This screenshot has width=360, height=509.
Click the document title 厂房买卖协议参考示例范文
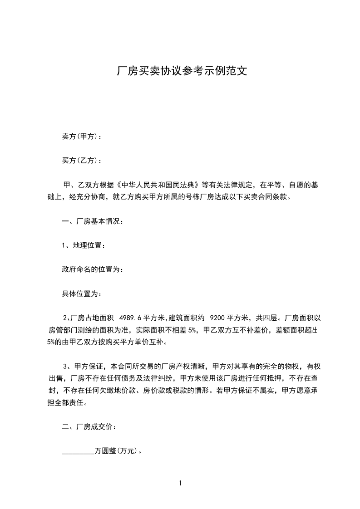(182, 71)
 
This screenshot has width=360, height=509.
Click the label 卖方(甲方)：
(82, 137)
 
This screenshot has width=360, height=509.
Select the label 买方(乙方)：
(82, 161)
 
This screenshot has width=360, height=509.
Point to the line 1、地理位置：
(84, 245)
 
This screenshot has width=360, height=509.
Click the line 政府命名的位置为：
(92, 269)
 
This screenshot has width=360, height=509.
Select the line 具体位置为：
(82, 294)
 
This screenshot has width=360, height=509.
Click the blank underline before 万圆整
(78, 452)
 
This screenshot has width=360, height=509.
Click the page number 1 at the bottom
(180, 484)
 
